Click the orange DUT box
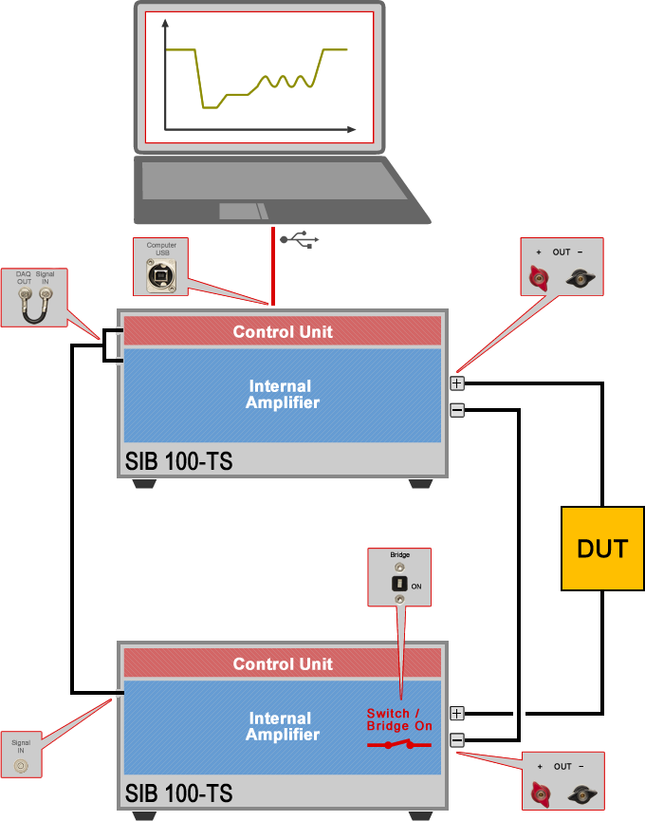coord(602,548)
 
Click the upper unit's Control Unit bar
coord(283,331)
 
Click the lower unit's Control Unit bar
coord(283,663)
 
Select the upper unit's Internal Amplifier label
coord(282,394)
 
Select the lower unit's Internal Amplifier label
coord(282,726)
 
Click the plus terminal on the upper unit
coord(457,383)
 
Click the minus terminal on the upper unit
coord(457,410)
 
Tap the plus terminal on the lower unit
coord(457,713)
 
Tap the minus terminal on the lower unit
coord(457,739)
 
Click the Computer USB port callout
coord(161,267)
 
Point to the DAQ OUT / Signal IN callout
coord(34,297)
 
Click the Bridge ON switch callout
coord(399,577)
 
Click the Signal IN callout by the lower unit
coord(21,756)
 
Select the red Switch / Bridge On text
coord(399,719)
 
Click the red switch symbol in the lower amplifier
coord(399,745)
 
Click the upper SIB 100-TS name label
coord(178,462)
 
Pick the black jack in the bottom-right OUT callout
coord(580,793)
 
